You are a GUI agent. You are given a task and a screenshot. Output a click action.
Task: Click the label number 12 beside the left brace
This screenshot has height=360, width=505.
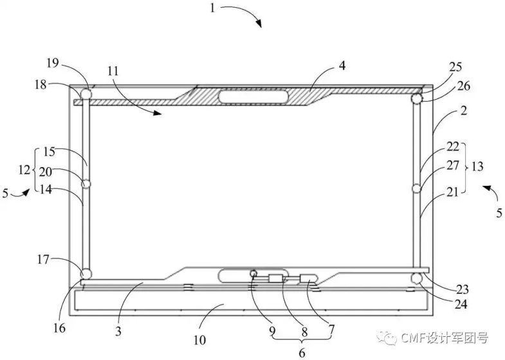click(x=24, y=170)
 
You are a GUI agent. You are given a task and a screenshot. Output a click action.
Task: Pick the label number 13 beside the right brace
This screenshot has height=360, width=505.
click(x=477, y=166)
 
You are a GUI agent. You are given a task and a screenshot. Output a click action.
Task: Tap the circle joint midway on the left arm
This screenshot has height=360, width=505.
click(x=86, y=184)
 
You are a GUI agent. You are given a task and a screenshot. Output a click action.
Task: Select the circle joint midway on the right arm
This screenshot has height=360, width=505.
click(x=417, y=188)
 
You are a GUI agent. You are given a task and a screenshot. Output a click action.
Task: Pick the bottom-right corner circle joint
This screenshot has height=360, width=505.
click(x=417, y=278)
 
